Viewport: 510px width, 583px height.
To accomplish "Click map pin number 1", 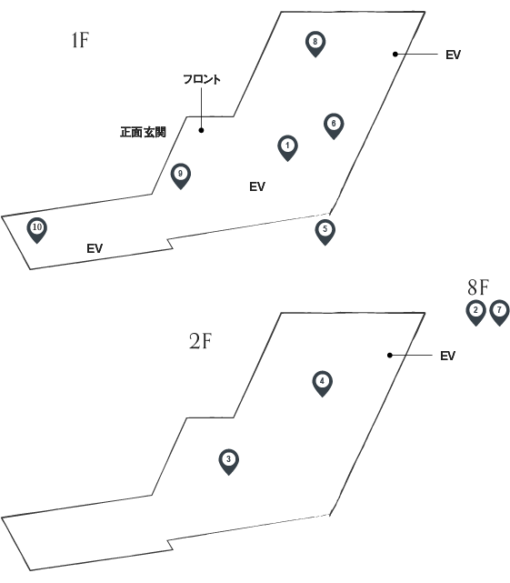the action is point(287,147).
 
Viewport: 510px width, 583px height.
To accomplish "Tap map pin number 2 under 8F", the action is point(475,312).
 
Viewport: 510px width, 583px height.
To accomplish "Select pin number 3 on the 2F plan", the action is point(228,461).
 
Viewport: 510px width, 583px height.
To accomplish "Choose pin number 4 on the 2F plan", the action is point(323,383).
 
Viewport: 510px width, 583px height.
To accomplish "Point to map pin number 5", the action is point(325,232).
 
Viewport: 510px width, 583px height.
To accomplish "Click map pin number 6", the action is point(334,126).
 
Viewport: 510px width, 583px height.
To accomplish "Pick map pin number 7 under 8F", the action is point(499,312).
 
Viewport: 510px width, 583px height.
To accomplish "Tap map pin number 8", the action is point(315,44).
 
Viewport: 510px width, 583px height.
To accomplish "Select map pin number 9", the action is point(181,176).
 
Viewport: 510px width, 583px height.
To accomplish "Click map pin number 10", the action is point(36,230).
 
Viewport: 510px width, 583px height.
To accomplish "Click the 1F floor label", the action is point(80,40).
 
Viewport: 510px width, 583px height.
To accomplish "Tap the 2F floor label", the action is point(200,341).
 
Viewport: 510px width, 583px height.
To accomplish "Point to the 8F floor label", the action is point(478,287).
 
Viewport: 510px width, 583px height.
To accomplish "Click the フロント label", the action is point(202,79).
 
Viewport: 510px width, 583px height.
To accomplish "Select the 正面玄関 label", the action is point(143,132).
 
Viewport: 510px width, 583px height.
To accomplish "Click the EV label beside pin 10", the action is point(95,248).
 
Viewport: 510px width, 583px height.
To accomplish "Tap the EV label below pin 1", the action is point(257,186).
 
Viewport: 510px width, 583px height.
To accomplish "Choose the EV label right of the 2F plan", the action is point(447,356).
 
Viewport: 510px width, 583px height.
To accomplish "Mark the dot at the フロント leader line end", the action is point(201,130).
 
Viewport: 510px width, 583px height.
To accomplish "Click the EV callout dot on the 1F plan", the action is point(395,55).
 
